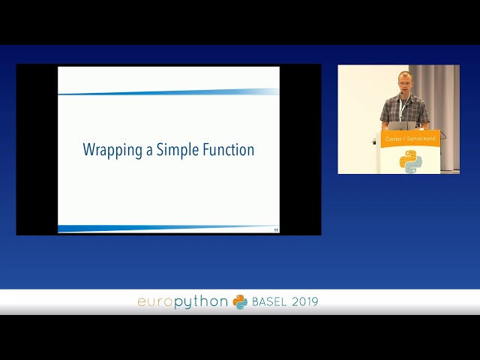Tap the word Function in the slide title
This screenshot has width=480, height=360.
click(229, 150)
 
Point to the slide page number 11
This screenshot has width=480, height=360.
click(275, 229)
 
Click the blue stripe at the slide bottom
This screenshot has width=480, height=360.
click(165, 228)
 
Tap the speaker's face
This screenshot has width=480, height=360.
click(404, 83)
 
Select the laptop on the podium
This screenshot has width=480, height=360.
click(400, 125)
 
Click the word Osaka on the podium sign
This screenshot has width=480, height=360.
click(393, 139)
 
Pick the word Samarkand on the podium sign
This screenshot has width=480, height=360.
click(421, 139)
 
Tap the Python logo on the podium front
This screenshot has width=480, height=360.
click(410, 161)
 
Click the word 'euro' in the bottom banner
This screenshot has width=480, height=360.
click(154, 301)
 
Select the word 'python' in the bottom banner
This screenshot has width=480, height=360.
click(202, 301)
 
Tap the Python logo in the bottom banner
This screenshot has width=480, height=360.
click(240, 301)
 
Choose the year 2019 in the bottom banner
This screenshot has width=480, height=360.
click(305, 301)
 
